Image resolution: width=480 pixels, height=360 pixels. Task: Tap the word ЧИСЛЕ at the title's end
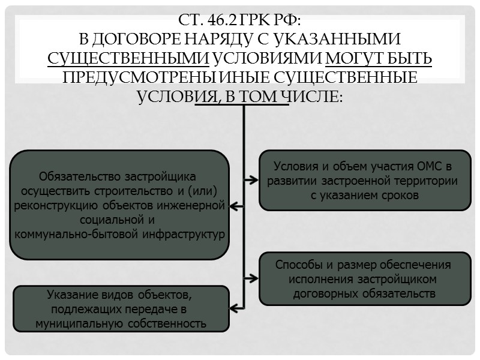316,96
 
